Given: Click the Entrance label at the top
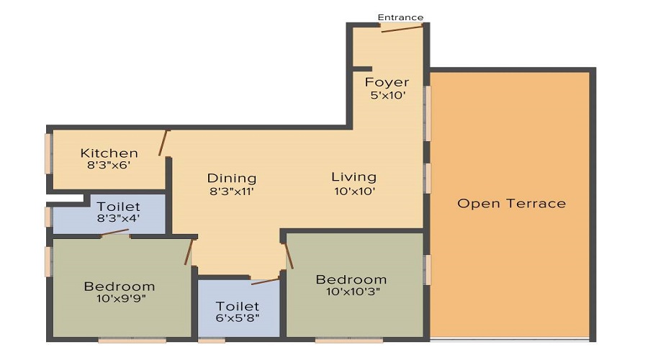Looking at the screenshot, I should click(400, 17).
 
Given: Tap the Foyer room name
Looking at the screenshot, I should click(387, 82).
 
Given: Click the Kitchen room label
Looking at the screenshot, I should click(109, 153).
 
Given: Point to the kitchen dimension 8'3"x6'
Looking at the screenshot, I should click(109, 165).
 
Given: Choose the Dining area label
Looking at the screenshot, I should click(232, 178).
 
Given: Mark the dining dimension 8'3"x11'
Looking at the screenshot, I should click(232, 192).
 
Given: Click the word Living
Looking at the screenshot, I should click(354, 176).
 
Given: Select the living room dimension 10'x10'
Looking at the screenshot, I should click(354, 191).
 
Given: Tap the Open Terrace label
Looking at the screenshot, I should click(511, 203).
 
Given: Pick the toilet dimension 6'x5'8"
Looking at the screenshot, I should click(238, 318).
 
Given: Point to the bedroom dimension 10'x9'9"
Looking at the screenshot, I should click(120, 298).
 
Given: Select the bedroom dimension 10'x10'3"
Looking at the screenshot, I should click(351, 292).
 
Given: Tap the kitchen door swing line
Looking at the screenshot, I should click(164, 143).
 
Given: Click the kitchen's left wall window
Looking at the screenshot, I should click(48, 153).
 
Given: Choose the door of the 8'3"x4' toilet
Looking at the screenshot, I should click(115, 233).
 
